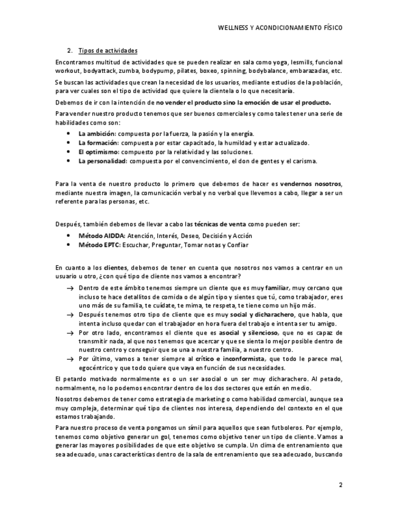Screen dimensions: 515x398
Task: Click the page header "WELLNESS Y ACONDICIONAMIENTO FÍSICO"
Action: point(280,28)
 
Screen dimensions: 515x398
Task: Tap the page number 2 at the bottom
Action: point(341,485)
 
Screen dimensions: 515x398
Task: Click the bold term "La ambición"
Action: point(97,133)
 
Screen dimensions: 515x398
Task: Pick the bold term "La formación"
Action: point(98,143)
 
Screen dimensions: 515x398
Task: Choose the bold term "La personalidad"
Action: point(101,161)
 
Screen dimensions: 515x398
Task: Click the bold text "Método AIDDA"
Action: point(101,236)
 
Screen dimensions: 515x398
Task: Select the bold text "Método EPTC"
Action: point(100,245)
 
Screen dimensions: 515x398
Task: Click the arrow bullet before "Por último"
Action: point(70,360)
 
